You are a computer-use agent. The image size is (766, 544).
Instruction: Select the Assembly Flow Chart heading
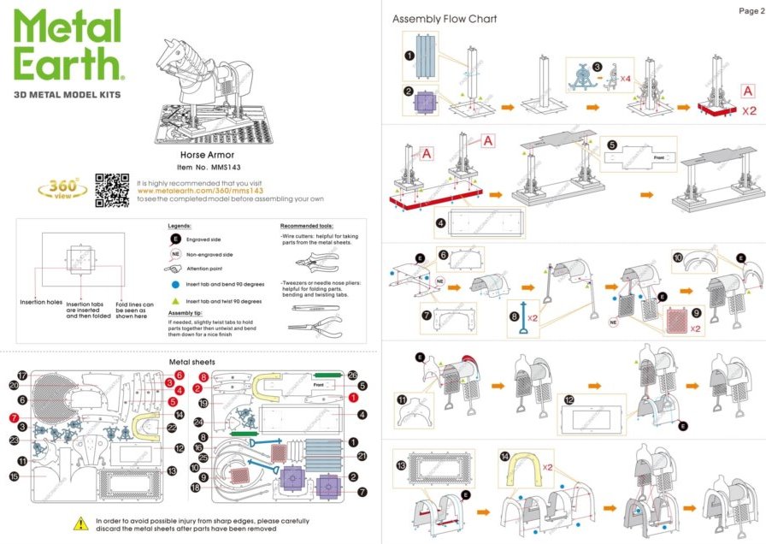(x=444, y=19)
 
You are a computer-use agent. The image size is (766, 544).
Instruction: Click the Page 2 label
(x=750, y=10)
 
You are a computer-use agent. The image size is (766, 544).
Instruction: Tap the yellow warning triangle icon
(x=81, y=521)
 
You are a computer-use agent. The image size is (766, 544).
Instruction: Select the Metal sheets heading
(x=192, y=362)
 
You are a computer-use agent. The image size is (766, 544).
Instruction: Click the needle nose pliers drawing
(x=316, y=326)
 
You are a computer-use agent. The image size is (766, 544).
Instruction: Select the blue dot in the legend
(x=175, y=281)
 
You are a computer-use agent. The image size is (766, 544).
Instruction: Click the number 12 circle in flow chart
(x=569, y=400)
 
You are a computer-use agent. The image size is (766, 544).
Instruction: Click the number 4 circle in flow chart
(x=441, y=222)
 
